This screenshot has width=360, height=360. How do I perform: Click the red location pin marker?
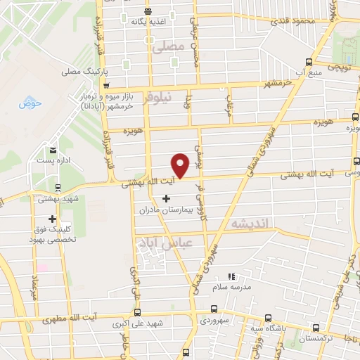pos(181,165)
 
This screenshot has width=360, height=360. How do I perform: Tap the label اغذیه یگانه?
pos(147,21)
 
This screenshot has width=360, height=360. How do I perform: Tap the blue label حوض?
pos(31,103)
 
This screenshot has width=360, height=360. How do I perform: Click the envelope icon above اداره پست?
pos(53,150)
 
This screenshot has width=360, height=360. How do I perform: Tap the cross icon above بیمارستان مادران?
pos(166,199)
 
